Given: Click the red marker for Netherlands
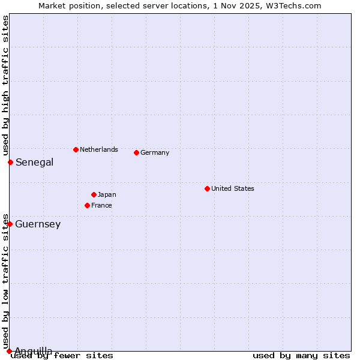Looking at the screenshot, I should (76, 149).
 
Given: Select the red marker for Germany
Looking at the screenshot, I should (136, 152).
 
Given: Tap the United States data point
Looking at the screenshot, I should (207, 188).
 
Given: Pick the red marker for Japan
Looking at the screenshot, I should (94, 194).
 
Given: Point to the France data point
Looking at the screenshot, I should (87, 205).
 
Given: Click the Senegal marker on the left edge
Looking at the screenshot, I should (10, 162).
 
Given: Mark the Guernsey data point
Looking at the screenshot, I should (10, 224).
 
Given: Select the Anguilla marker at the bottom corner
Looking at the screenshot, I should (9, 351).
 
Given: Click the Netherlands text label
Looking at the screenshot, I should (99, 149).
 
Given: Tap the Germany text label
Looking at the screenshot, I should (155, 152).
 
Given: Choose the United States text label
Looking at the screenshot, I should (233, 188).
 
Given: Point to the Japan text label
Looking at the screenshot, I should (107, 194).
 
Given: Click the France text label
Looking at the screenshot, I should (101, 205).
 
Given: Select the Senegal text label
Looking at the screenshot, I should (34, 162).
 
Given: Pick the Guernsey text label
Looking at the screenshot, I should (38, 224).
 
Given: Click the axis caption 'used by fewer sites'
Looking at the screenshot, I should (62, 355).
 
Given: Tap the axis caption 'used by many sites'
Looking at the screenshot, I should (301, 355).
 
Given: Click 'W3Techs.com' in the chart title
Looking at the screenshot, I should (298, 5).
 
